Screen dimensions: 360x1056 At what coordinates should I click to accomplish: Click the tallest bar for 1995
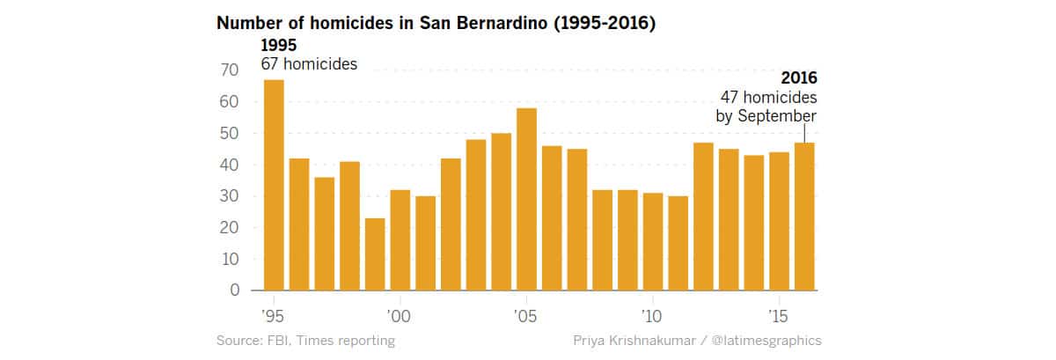[x=274, y=185]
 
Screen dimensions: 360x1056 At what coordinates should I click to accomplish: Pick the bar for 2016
[x=805, y=217]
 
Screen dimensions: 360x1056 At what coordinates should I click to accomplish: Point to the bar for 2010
[x=653, y=242]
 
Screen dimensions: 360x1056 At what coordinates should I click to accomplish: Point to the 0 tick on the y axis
[x=234, y=290]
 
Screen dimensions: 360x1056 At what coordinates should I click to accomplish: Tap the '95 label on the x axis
[x=273, y=315]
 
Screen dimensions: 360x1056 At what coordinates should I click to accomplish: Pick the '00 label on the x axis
[x=400, y=315]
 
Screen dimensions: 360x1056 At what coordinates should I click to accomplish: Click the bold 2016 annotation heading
[x=798, y=78]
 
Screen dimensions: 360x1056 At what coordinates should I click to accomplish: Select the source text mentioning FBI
[x=305, y=340]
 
